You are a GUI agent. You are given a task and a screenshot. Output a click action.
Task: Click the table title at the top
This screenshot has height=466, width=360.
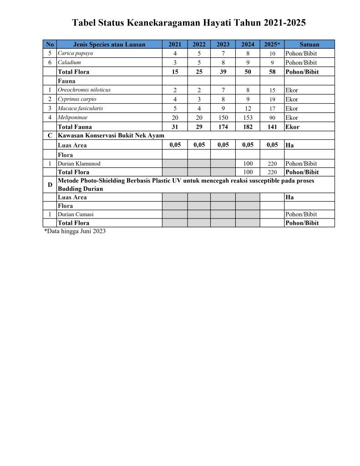click(x=189, y=23)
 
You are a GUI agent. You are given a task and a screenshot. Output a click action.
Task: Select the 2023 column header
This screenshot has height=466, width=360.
click(x=223, y=44)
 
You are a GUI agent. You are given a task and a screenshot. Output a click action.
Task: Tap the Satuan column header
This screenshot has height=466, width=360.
click(x=309, y=44)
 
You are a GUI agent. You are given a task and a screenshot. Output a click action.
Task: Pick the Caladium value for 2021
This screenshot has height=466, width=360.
click(x=175, y=62)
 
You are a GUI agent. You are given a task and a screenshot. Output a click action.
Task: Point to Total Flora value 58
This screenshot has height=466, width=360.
click(x=272, y=72)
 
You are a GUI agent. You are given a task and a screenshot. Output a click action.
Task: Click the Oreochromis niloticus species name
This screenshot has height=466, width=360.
click(x=84, y=90)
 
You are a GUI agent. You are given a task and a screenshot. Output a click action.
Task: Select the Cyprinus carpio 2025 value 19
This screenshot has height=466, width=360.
click(x=272, y=99)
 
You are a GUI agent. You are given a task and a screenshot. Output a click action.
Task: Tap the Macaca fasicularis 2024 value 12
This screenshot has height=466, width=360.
click(x=248, y=109)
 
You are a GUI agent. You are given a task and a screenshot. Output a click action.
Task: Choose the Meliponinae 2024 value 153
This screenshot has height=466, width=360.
click(x=248, y=118)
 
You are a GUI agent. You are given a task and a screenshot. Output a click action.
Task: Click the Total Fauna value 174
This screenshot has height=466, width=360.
click(x=223, y=127)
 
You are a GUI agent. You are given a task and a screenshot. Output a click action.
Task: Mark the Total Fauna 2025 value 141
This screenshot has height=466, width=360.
click(x=272, y=127)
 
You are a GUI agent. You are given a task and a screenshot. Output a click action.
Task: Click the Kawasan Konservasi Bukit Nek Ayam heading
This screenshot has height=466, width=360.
click(x=111, y=136)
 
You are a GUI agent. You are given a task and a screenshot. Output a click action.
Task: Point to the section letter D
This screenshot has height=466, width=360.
click(x=50, y=185)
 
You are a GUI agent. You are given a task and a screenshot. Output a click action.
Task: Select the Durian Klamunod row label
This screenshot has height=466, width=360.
click(x=79, y=163)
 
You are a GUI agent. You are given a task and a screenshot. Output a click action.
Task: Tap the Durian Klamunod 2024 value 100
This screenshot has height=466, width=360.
click(x=248, y=163)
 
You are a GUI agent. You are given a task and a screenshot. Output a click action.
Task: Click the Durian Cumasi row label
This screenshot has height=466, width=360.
click(x=76, y=214)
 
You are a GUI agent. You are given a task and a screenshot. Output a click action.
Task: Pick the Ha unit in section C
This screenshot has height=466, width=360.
click(x=289, y=146)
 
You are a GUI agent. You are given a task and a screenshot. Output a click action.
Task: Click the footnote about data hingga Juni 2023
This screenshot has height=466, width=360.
click(x=75, y=231)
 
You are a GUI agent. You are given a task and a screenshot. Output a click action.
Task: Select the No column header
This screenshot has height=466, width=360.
click(x=50, y=44)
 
